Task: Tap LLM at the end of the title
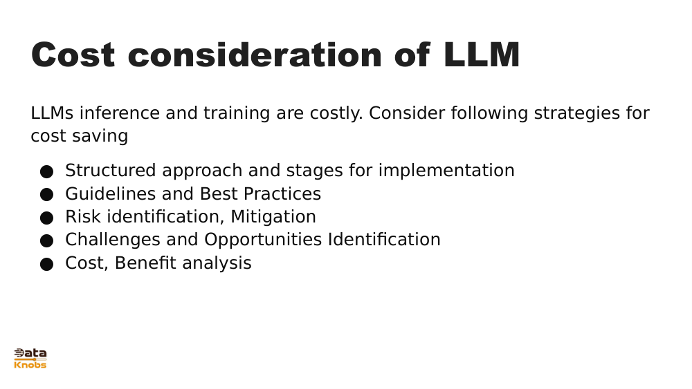(x=482, y=55)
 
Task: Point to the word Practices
(x=282, y=193)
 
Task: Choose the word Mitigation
(x=273, y=217)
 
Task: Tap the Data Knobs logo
(x=30, y=359)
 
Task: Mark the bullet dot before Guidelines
(x=46, y=195)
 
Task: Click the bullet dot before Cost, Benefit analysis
(x=46, y=265)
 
